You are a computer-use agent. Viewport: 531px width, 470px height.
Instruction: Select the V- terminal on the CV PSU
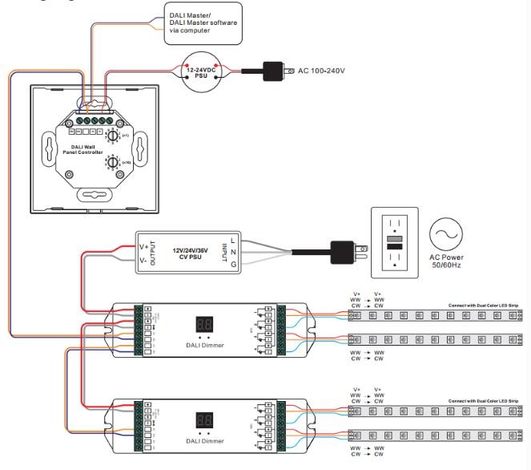tap(143, 261)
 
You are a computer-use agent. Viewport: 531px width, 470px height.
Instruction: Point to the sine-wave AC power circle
tap(446, 233)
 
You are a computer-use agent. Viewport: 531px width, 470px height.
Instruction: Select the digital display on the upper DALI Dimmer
tap(203, 326)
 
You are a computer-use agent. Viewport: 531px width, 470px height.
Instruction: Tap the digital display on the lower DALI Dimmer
tap(203, 420)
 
